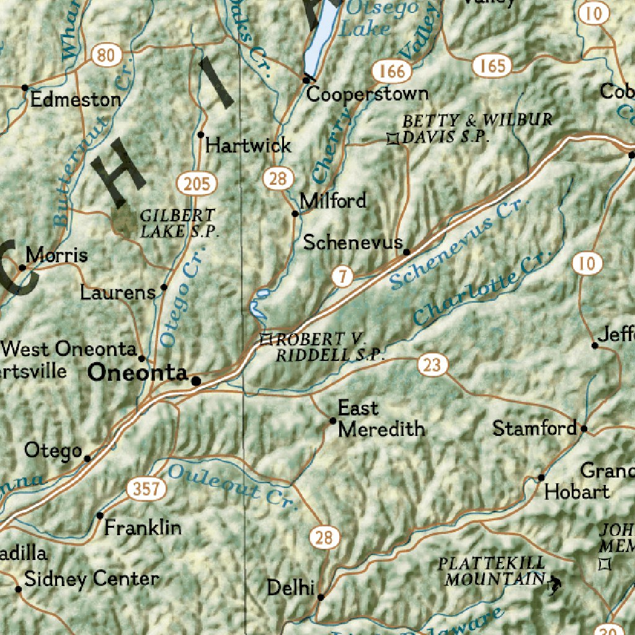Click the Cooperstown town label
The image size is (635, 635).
click(367, 94)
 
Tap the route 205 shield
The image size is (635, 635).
click(197, 184)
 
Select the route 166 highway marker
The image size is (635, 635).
click(393, 71)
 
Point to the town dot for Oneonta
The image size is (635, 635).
click(196, 381)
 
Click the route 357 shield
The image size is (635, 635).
click(148, 489)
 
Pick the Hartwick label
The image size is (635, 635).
click(248, 145)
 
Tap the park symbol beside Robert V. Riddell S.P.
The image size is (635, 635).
click(267, 339)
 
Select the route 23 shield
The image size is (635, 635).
click(432, 365)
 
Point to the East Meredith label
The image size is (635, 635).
click(381, 419)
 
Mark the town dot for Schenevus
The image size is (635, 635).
click(406, 252)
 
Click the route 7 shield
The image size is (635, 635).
click(342, 277)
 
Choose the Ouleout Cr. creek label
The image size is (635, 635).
click(229, 484)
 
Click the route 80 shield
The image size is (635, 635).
click(106, 56)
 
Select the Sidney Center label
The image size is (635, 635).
click(91, 579)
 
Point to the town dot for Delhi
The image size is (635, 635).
click(321, 597)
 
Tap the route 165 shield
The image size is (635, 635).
click(492, 65)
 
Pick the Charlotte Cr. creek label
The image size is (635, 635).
click(475, 291)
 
